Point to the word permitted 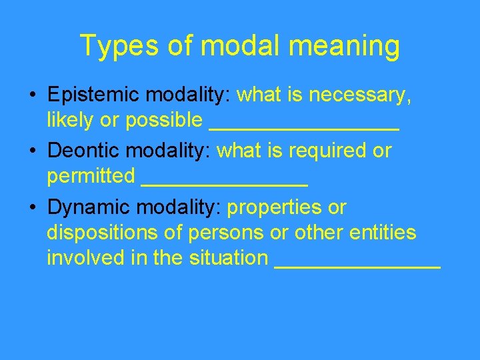click(x=91, y=177)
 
